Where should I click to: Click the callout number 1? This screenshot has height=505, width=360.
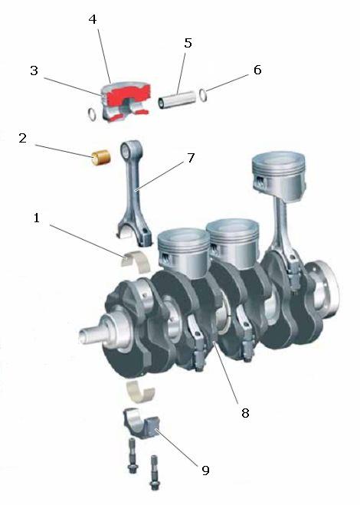pyautogui.click(x=37, y=218)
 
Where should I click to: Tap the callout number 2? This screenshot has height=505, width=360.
pyautogui.click(x=22, y=138)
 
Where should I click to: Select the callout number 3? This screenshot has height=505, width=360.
pyautogui.click(x=34, y=71)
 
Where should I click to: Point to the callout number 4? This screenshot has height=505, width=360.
pyautogui.click(x=93, y=19)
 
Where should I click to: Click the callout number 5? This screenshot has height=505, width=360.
pyautogui.click(x=188, y=43)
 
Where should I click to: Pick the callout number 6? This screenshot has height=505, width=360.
pyautogui.click(x=257, y=70)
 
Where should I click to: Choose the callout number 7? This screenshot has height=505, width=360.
pyautogui.click(x=191, y=158)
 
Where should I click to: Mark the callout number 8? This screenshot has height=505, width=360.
pyautogui.click(x=245, y=412)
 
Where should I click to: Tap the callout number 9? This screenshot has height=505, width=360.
pyautogui.click(x=205, y=471)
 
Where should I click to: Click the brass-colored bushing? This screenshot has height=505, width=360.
pyautogui.click(x=101, y=158)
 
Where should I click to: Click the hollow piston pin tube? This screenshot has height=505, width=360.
pyautogui.click(x=177, y=99)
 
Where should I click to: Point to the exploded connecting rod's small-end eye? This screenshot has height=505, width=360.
pyautogui.click(x=126, y=149)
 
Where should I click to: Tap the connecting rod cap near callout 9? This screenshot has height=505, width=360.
pyautogui.click(x=142, y=425)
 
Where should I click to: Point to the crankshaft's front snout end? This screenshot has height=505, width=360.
pyautogui.click(x=84, y=335)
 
